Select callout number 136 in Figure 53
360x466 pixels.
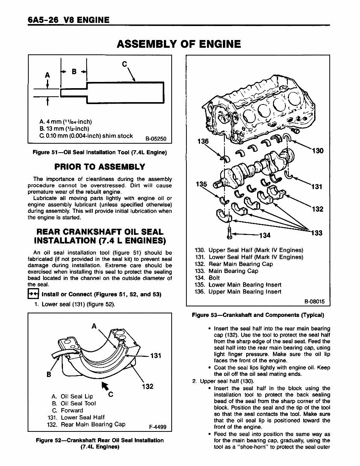click(203, 141)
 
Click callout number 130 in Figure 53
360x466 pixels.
click(317, 151)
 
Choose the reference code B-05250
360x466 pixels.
click(155, 138)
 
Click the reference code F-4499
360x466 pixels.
click(157, 427)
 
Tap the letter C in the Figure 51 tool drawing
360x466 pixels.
click(124, 64)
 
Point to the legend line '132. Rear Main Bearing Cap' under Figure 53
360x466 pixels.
click(239, 264)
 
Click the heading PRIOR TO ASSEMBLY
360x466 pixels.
click(100, 167)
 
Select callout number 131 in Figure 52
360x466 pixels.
click(155, 355)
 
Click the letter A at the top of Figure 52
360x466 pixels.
click(94, 327)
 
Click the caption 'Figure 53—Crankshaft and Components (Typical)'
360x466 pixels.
click(258, 315)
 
